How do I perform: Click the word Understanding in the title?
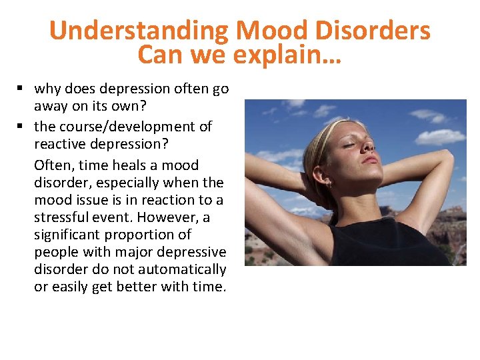point(139,31)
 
